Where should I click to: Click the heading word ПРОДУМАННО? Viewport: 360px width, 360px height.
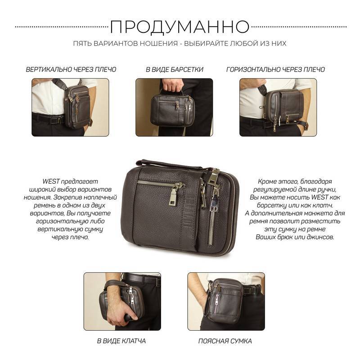180,27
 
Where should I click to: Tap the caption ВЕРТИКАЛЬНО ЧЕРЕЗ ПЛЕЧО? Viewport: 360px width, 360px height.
71,70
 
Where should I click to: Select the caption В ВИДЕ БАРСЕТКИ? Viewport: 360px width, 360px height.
175,70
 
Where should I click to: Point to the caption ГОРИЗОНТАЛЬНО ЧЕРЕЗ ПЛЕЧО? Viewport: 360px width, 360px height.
275,70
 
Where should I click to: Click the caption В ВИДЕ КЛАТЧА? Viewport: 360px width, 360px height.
121,341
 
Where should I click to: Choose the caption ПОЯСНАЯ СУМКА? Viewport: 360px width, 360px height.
225,341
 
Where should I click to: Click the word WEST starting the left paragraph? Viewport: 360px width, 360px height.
51,181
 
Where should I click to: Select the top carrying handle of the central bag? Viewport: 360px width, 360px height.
170,164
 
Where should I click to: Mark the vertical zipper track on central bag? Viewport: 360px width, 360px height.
211,224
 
